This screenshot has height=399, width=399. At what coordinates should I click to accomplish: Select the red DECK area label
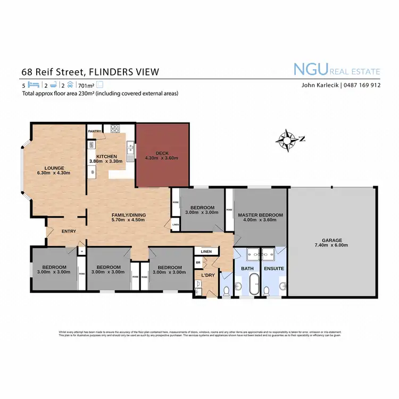[x=162, y=153]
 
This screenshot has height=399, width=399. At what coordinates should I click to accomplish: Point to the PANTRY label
[x=95, y=131]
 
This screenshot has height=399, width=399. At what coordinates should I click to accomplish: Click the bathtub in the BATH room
[x=254, y=285]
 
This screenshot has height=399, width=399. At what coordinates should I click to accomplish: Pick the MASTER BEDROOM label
[x=260, y=215]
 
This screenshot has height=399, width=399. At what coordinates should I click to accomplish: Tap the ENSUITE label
[x=274, y=269]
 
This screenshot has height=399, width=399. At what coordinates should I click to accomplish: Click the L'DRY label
[x=207, y=275]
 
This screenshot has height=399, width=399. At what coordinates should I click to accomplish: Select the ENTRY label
[x=69, y=231]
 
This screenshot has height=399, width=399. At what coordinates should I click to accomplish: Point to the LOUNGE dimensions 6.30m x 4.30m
[x=54, y=173]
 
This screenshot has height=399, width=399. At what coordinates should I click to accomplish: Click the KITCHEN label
[x=106, y=156]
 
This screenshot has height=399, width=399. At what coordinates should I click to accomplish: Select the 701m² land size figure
[x=86, y=85]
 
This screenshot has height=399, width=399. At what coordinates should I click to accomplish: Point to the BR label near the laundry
[x=198, y=263]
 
